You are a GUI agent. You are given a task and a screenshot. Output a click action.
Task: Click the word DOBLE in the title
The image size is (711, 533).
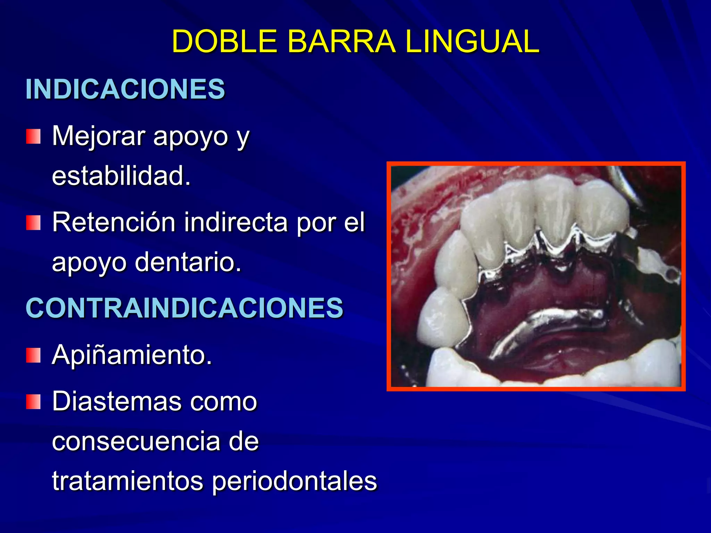tap(225, 41)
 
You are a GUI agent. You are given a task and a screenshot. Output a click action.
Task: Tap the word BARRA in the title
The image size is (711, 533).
tap(342, 41)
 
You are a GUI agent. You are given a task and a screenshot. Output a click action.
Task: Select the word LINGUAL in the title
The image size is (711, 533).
tap(472, 41)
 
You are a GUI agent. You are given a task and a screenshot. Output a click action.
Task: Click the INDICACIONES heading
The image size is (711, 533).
tap(125, 89)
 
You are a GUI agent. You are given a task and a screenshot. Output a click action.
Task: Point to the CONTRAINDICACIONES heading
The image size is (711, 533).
tap(185, 308)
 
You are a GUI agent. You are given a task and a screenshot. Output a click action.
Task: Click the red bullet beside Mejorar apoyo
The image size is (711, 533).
tap(33, 136)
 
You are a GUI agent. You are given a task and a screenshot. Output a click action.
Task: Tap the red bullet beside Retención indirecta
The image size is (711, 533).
tap(33, 222)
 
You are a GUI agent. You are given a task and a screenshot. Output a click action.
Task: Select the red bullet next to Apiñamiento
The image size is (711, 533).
tap(33, 355)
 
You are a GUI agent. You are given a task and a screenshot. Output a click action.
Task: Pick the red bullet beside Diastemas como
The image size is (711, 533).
tap(33, 402)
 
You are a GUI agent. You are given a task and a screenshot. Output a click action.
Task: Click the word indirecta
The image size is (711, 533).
tap(236, 222)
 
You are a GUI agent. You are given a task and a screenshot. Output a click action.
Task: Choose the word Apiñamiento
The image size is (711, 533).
tap(132, 356)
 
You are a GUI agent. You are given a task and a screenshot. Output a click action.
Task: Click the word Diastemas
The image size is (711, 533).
tap(117, 401)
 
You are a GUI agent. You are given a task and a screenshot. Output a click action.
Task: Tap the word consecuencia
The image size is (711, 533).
tap(136, 441)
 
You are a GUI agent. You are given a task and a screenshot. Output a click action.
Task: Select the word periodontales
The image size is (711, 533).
tap(294, 482)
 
